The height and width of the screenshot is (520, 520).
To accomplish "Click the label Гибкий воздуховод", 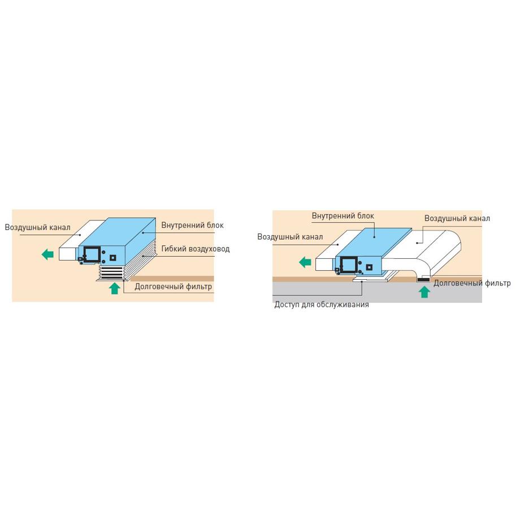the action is tap(196, 249).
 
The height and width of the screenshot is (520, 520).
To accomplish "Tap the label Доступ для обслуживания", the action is tap(322, 305).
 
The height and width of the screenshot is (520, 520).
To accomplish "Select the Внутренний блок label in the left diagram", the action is tap(192, 225).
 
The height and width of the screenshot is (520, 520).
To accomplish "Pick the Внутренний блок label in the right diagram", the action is tap(343, 216).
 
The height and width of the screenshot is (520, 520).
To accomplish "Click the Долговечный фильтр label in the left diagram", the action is tap(173, 287).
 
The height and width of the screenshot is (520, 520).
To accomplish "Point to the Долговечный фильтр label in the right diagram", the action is tap(472, 283).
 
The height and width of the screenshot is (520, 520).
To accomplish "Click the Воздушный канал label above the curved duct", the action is tap(457, 218).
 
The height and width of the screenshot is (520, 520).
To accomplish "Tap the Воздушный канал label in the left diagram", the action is tap(37, 227).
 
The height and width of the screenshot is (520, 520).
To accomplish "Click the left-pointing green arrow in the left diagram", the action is tap(47, 255).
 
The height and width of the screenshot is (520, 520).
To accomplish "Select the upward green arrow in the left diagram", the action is tap(114, 288).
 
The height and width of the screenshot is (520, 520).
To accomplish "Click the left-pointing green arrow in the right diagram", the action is tap(305, 263).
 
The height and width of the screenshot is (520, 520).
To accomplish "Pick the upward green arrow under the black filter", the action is tap(424, 292).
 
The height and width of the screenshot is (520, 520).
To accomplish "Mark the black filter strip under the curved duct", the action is tap(423, 280).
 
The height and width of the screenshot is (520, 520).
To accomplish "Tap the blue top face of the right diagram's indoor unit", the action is tap(374, 241).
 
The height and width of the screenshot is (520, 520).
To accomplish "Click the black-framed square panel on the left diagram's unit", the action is tap(92, 254).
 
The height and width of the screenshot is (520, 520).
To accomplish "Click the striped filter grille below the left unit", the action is tap(112, 272).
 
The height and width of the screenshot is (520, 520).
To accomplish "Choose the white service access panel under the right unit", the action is tap(376, 276).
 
